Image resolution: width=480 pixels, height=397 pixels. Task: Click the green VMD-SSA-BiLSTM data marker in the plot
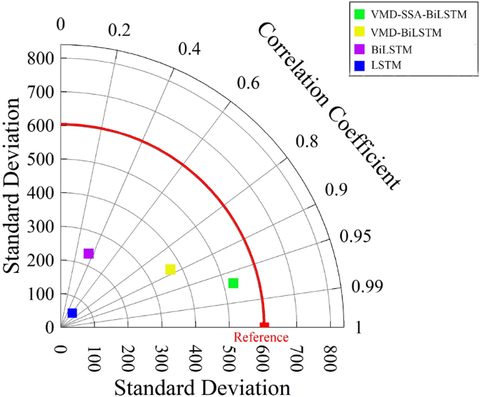coord(233,283)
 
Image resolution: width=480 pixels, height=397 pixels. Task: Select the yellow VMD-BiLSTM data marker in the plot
coord(170,269)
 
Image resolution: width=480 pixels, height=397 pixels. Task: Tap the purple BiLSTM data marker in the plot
coord(89,254)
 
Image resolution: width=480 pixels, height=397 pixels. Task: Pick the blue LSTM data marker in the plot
coord(72,313)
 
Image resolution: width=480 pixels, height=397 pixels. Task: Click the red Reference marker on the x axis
coord(264,325)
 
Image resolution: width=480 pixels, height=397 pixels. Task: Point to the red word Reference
coord(261,337)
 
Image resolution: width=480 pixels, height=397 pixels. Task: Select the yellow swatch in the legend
coord(360,32)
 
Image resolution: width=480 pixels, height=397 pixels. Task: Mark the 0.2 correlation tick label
coord(120,30)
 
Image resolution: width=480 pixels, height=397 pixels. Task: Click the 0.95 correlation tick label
coord(355,236)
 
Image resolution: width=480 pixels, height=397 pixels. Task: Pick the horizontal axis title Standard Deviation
coord(201,386)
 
